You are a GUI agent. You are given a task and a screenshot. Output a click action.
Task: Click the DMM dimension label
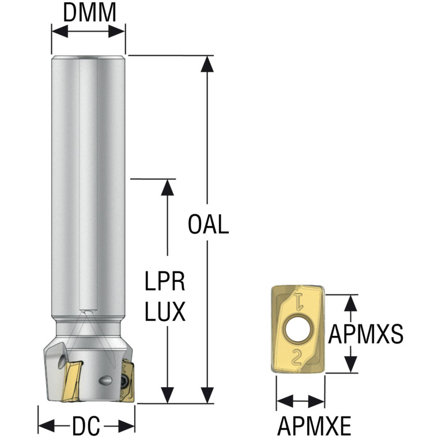(89, 13)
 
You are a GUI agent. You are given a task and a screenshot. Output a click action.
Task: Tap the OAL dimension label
(208, 224)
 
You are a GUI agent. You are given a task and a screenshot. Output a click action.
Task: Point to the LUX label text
(165, 311)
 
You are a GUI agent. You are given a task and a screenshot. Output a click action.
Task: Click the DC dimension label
(86, 425)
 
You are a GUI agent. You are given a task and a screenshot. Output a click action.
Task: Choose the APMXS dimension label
(365, 334)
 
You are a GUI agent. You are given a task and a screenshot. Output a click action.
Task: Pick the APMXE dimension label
(314, 426)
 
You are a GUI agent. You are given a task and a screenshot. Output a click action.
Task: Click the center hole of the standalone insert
(299, 329)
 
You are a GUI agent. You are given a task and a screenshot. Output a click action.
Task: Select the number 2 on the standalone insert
(296, 357)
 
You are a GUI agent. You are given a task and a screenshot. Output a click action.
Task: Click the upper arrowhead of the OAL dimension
(207, 64)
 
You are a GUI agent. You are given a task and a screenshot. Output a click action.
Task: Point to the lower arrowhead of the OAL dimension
(207, 395)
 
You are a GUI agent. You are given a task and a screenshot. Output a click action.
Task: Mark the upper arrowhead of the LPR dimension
(168, 187)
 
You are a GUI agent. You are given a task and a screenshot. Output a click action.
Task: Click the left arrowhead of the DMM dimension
(60, 31)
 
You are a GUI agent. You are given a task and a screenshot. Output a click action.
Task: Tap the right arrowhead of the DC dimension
(127, 426)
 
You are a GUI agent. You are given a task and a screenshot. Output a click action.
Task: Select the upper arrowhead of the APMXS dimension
(351, 303)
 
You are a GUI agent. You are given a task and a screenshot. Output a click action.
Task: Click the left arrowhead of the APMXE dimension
(285, 401)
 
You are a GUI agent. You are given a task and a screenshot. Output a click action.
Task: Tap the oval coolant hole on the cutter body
(105, 380)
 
